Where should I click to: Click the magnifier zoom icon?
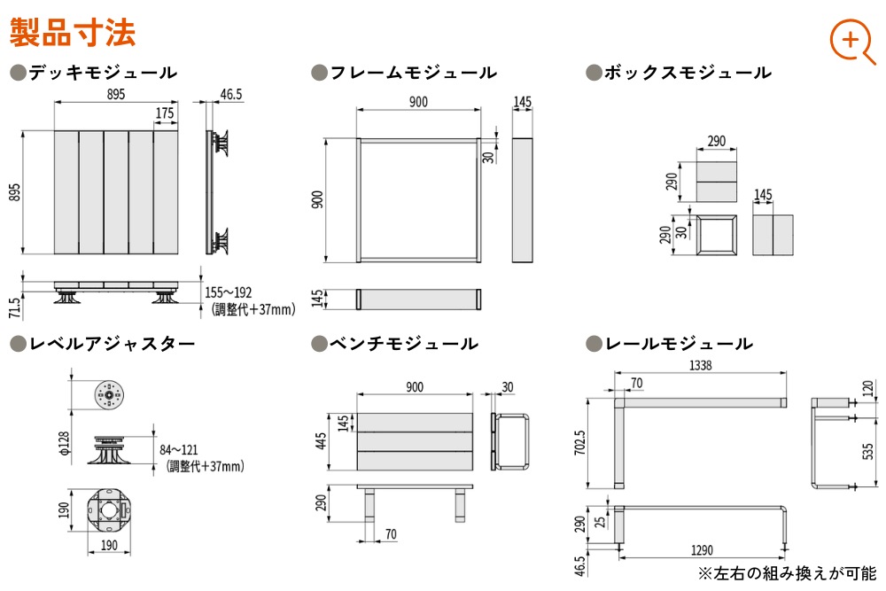(x=851, y=40)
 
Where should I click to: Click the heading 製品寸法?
(x=73, y=33)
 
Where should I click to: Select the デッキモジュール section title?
(x=101, y=73)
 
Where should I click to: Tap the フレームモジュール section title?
(x=412, y=73)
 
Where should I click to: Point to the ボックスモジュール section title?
(x=687, y=73)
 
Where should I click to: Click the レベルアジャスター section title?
(x=111, y=344)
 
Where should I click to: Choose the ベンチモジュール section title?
(x=403, y=344)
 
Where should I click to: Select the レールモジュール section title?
(x=678, y=344)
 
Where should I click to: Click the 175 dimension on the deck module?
(x=165, y=113)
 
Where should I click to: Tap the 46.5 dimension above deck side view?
(x=230, y=93)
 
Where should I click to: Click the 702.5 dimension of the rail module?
(x=579, y=442)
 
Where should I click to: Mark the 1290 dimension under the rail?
(x=701, y=550)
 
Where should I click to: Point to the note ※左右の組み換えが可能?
(x=787, y=574)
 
